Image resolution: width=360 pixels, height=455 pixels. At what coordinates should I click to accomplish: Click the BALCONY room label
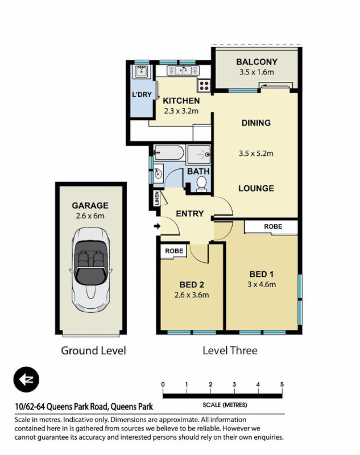click(x=256, y=61)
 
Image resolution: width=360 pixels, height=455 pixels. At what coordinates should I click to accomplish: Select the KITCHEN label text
click(x=181, y=101)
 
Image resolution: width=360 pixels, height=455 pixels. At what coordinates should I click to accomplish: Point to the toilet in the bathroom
click(x=201, y=183)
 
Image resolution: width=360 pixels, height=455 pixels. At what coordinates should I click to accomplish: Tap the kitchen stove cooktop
click(x=204, y=85)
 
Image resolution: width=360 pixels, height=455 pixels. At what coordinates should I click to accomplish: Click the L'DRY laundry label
click(x=142, y=94)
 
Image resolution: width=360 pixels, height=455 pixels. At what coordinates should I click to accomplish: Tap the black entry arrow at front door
click(x=157, y=227)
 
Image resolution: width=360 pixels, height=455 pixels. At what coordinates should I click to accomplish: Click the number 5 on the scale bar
click(x=282, y=384)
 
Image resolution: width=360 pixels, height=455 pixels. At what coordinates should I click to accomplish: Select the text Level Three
click(x=230, y=350)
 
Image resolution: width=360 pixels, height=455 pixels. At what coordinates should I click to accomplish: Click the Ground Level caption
click(x=93, y=350)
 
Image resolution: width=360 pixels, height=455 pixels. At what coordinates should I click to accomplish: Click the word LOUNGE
click(x=256, y=188)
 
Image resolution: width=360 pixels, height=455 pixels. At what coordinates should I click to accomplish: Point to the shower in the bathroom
click(x=199, y=154)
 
